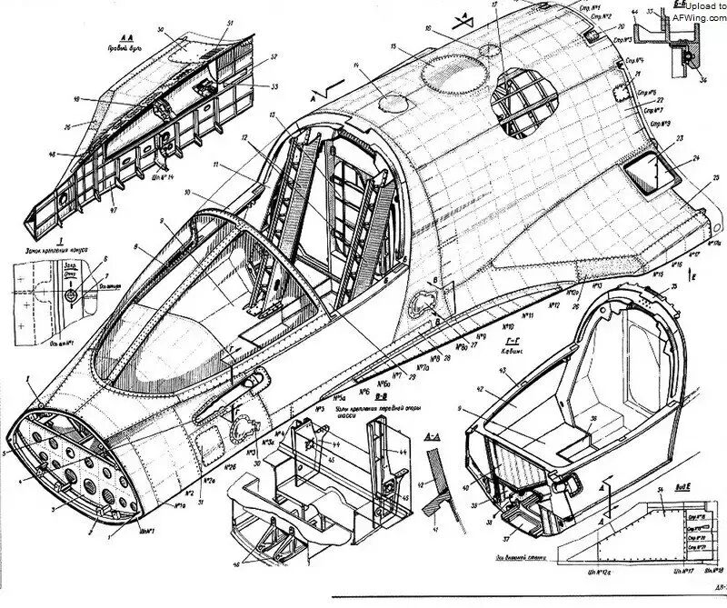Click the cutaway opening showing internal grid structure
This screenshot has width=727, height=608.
pyautogui.click(x=525, y=103)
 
